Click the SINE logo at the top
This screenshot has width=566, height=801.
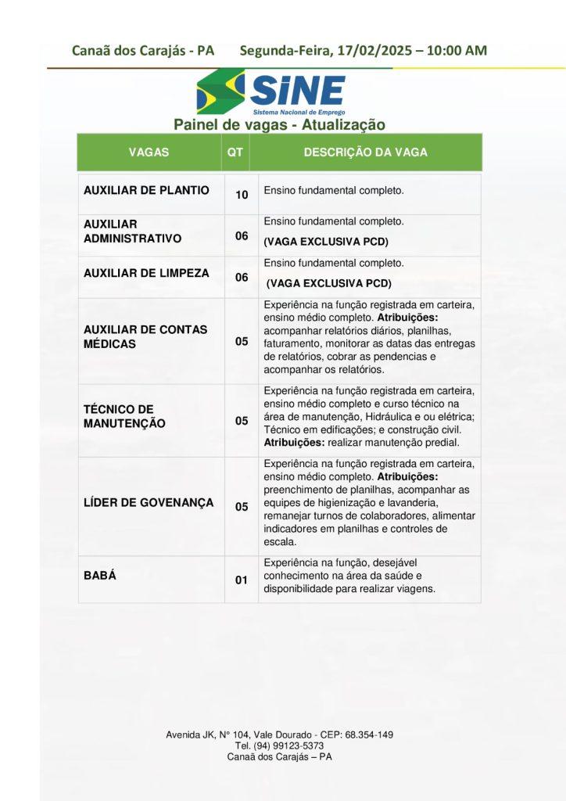[270, 92]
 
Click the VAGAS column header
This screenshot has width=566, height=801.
[149, 153]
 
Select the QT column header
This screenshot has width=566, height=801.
[235, 153]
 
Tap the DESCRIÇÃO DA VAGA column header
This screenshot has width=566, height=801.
[365, 153]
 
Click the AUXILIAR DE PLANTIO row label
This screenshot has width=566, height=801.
[146, 190]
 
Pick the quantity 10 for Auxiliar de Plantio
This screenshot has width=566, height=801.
[242, 195]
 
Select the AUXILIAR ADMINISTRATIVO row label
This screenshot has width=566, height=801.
[132, 231]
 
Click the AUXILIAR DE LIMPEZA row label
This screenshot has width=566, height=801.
[146, 273]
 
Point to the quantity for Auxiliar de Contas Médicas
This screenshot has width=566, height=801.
[242, 342]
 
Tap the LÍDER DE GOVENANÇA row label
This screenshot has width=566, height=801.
[149, 502]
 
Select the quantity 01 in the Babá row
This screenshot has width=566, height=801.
[242, 580]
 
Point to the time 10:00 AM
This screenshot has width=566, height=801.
[457, 51]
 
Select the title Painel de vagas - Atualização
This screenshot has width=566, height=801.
[279, 124]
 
